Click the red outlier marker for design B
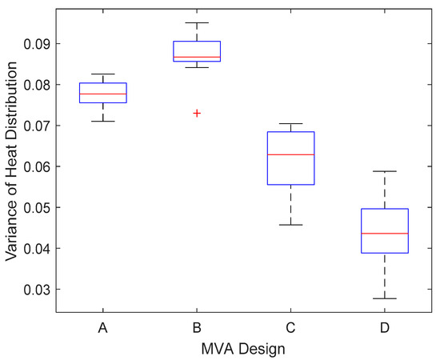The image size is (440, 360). point(197,114)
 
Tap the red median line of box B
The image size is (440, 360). point(197,58)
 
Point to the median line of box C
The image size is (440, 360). point(291,154)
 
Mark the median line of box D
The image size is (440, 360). point(386,234)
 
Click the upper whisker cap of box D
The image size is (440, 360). point(386,171)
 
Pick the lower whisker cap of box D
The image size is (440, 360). point(386,298)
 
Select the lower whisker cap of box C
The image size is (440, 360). point(291,225)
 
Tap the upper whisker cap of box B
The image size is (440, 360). point(197,22)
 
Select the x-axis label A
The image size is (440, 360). point(102,327)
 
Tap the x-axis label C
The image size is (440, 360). point(291,327)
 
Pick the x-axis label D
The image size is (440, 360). point(386,327)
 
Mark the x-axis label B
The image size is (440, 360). point(197,327)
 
